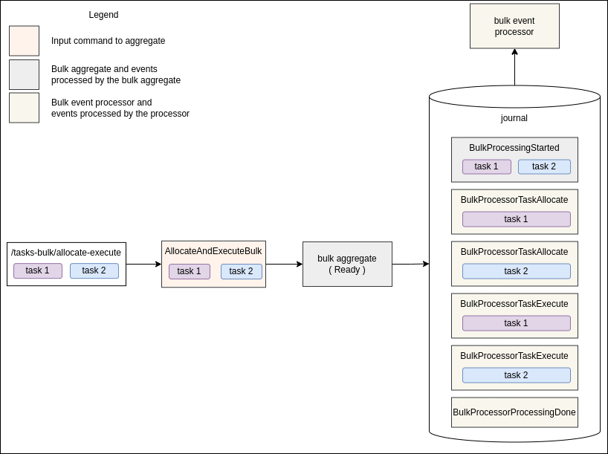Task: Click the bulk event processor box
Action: coord(514,26)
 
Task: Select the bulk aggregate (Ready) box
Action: coord(347,264)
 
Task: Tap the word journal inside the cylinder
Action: coord(514,118)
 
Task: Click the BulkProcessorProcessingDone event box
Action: coord(514,412)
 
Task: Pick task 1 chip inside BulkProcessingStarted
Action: coord(487,166)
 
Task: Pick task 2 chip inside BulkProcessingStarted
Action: coord(544,166)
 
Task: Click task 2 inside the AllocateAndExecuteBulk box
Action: coord(241,271)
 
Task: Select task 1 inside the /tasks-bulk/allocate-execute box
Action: coord(38,270)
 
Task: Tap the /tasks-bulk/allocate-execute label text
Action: coord(66,253)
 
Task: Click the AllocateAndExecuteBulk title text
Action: coord(213,251)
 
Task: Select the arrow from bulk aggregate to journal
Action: coord(410,264)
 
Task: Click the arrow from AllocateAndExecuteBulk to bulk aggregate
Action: coord(284,264)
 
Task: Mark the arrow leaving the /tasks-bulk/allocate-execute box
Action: coord(143,264)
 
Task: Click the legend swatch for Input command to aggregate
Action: coord(24,41)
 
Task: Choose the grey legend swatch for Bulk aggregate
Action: coord(24,74)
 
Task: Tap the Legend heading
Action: coord(103,15)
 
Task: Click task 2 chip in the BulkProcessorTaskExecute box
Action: coord(517,375)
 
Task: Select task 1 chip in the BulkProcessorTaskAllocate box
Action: coord(517,219)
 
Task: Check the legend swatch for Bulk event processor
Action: coord(24,108)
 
